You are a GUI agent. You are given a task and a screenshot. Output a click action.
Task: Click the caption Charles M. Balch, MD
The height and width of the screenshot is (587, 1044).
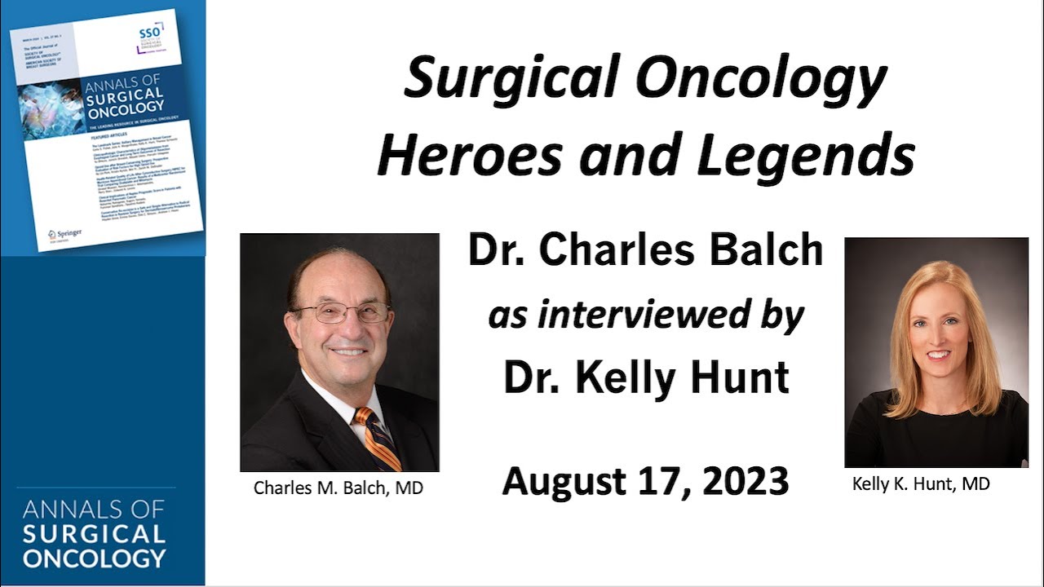coord(338,488)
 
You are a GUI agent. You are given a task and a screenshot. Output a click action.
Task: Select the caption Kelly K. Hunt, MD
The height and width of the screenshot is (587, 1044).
coord(921,484)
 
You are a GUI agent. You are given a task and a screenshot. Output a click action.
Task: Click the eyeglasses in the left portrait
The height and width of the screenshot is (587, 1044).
coord(341,311)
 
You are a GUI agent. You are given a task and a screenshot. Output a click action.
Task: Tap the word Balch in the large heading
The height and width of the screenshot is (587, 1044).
coord(763,250)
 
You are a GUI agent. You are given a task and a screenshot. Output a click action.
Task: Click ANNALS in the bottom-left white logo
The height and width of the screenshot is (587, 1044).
coord(61,511)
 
